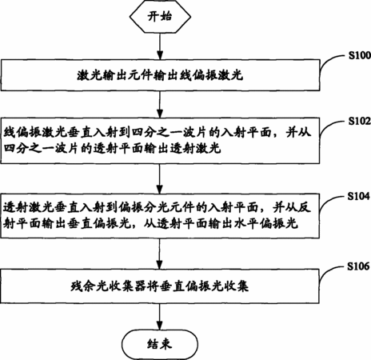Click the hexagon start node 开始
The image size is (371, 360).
(160, 17)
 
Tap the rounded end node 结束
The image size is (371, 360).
(160, 344)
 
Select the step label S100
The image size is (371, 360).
(360, 55)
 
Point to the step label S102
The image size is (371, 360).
(360, 121)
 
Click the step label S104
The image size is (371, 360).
(359, 196)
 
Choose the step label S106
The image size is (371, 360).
(359, 266)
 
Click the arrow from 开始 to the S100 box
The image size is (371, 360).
(160, 46)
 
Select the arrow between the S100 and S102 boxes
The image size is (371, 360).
(160, 104)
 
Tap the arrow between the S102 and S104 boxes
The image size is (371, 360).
(160, 178)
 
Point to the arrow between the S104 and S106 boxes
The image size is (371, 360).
(160, 254)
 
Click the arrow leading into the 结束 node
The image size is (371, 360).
(160, 317)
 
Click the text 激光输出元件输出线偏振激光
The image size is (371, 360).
(160, 75)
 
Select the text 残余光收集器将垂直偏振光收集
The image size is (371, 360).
(160, 286)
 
